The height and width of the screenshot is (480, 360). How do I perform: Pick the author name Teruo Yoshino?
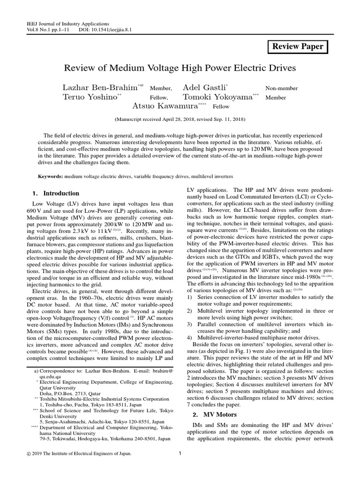click(x=90, y=97)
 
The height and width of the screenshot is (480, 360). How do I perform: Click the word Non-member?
click(x=281, y=89)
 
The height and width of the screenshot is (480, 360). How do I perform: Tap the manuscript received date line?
click(x=180, y=120)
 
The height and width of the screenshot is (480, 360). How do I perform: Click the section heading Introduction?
click(x=61, y=194)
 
